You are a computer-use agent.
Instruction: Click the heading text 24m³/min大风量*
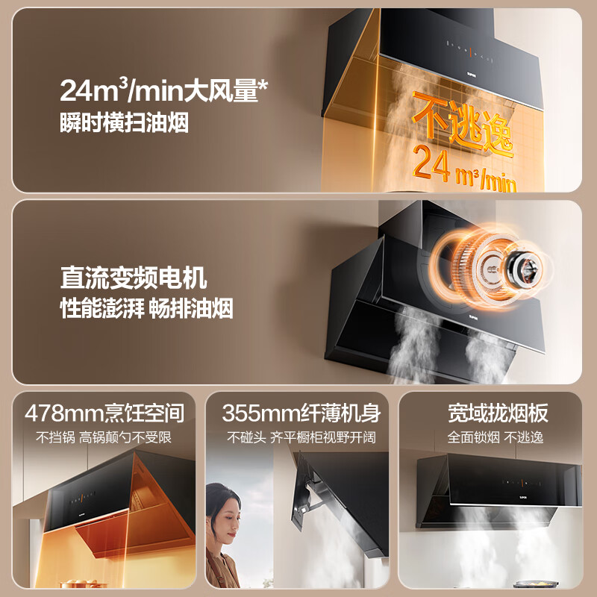click(x=164, y=91)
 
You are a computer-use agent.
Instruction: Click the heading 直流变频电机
click(x=134, y=280)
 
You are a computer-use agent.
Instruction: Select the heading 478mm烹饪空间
click(x=104, y=413)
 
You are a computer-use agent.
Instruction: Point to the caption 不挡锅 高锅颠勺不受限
click(x=104, y=437)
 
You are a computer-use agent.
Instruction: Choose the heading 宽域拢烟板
click(x=498, y=413)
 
